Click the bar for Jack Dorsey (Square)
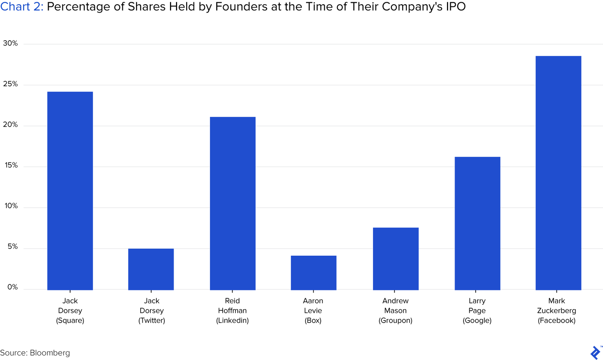pos(70,191)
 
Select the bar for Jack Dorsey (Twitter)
pos(151,269)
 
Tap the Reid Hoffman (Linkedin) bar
pos(233,203)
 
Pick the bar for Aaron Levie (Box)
pos(314,273)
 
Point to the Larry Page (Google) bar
pos(478,223)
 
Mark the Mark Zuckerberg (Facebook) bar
pos(558,173)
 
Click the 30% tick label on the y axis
pos(10,43)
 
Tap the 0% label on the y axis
pos(12,287)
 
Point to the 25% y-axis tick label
pos(10,84)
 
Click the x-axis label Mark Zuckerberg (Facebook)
pos(557,311)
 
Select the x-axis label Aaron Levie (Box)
pos(313,311)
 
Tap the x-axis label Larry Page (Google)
pos(477,311)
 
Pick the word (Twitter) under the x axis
pos(152,320)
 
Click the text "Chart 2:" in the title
pos(22,7)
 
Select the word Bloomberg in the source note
pos(50,353)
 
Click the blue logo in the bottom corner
pos(595,352)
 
